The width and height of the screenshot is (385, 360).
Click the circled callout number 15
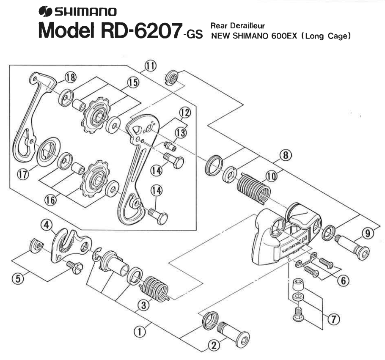pyautogui.click(x=133, y=82)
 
